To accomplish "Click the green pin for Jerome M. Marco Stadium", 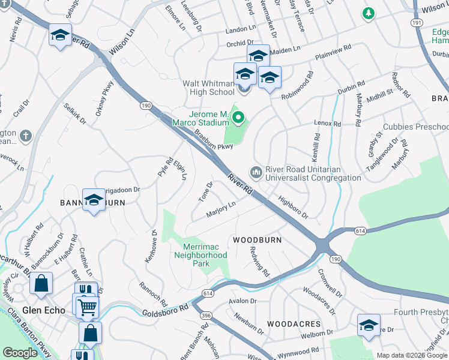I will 238,118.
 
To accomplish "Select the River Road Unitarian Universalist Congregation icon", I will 256,173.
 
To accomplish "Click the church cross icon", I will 25,136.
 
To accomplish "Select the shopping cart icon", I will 87,308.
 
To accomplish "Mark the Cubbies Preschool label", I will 423,127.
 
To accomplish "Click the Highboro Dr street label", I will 292,206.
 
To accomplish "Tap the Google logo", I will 20,353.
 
